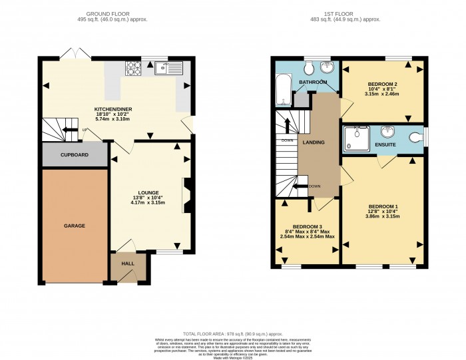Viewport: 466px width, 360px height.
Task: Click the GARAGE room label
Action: tap(75, 226)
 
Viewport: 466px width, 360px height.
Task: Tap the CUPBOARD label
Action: tap(75, 154)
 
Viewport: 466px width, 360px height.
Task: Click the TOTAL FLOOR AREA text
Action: tap(233, 333)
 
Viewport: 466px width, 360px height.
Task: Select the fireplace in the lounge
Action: tap(188, 195)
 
